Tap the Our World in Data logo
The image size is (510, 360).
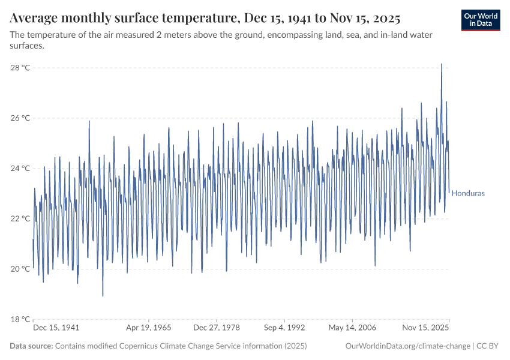[x=481, y=20]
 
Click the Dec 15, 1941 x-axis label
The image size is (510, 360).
[x=56, y=328]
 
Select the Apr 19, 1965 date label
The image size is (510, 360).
[x=148, y=328]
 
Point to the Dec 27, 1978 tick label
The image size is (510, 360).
[x=215, y=328]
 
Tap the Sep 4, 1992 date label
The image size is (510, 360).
[x=284, y=328]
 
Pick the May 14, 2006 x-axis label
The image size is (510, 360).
[x=352, y=328]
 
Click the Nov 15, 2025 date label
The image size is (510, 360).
[x=425, y=328]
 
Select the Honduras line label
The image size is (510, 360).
[x=468, y=194]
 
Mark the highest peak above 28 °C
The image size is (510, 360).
[x=442, y=64]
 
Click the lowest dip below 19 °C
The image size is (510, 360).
[x=103, y=296]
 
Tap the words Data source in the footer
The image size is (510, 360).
[x=31, y=346]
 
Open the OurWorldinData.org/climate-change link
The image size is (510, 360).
[x=408, y=346]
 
